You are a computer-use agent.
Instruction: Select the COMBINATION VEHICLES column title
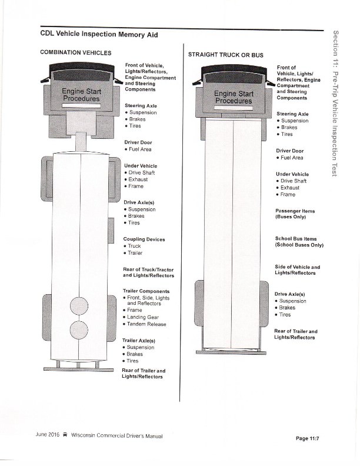75,52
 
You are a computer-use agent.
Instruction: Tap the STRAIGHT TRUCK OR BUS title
225,55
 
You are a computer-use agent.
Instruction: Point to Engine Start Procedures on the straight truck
234,97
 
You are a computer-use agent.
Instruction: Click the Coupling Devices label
144,239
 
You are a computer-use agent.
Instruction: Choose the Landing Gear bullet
143,317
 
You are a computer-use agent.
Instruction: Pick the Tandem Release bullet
146,324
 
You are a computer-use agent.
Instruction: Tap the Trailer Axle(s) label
138,340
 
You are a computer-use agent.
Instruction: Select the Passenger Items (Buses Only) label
295,214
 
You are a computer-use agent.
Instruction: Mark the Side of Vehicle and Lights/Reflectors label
298,270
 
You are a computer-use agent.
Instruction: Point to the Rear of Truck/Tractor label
148,272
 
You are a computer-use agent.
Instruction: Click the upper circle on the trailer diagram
79,307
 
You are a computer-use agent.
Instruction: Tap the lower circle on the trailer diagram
79,331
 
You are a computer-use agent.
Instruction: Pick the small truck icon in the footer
65,435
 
